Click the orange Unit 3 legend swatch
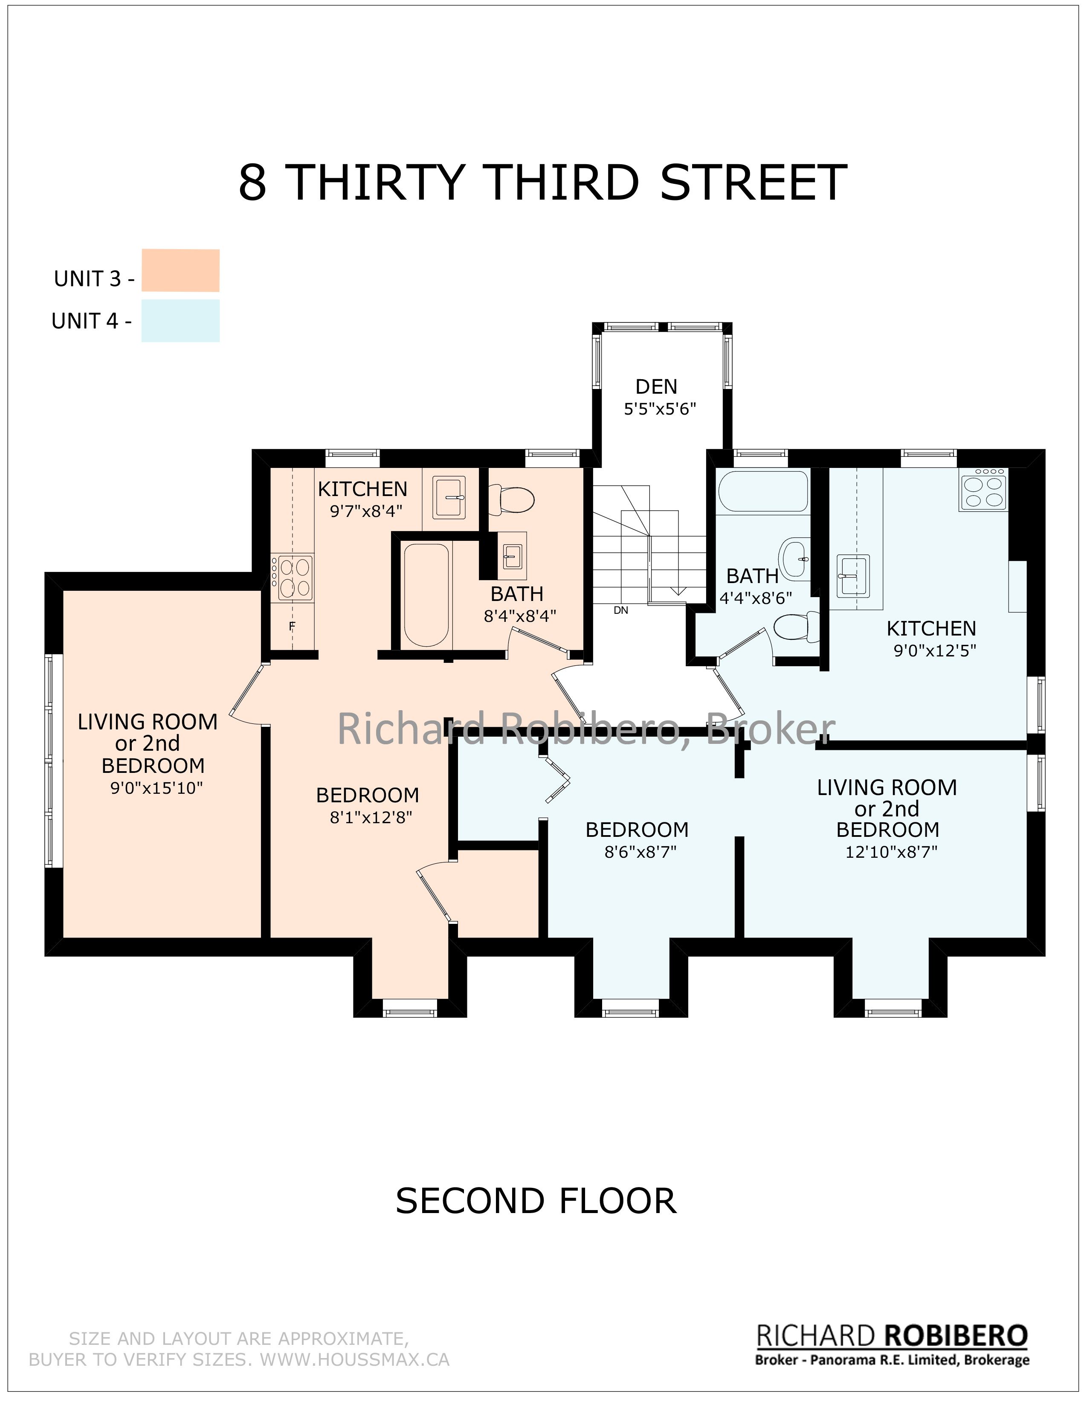(180, 270)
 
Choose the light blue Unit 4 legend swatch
(180, 320)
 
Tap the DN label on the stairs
(620, 610)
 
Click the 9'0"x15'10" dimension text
(157, 788)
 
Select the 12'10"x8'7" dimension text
(891, 852)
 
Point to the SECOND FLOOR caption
(536, 1201)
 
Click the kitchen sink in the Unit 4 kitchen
(853, 576)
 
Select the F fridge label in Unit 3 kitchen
(292, 626)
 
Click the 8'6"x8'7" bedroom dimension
(641, 852)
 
